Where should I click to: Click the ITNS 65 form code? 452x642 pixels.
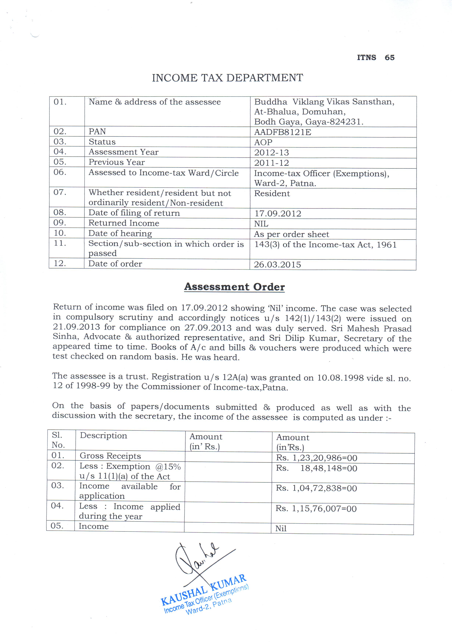(x=375, y=58)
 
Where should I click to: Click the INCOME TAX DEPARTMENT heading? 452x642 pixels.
(x=227, y=78)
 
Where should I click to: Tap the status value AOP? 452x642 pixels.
(x=263, y=142)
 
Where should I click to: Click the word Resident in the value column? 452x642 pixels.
(x=272, y=193)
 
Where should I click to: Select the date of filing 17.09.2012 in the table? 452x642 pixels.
(x=277, y=214)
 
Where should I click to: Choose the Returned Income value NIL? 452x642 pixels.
(x=261, y=224)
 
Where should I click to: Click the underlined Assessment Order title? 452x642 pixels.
(x=234, y=287)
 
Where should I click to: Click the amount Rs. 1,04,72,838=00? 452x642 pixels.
(x=316, y=488)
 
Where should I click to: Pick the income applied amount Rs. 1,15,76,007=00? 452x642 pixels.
(x=316, y=509)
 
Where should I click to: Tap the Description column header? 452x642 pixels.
(x=103, y=435)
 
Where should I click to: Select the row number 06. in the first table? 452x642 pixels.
(x=60, y=172)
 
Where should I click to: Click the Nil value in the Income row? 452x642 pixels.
(x=281, y=528)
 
